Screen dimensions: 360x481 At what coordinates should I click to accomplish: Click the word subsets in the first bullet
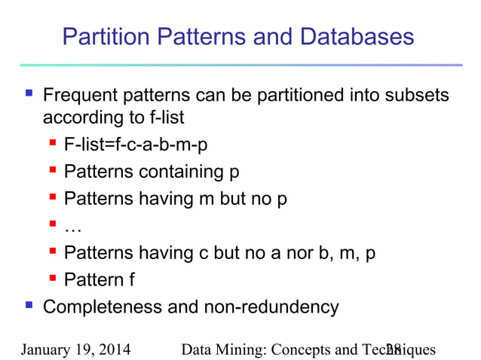coord(417,96)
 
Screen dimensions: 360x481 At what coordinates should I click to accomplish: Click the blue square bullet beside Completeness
coord(29,307)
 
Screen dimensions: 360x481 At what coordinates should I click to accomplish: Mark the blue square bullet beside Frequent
coord(29,96)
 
